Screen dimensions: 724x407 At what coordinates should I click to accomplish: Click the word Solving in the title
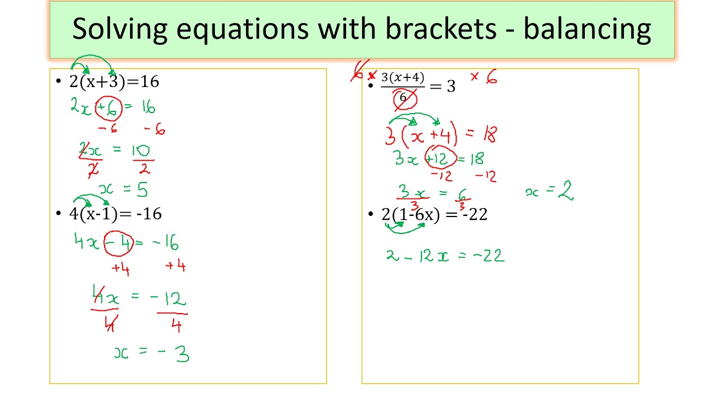coord(119,29)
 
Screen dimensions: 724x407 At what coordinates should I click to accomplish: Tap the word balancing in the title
coord(587,29)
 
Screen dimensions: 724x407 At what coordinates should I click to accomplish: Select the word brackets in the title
coord(441,28)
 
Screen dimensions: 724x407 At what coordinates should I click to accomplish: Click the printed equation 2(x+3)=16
coord(114,81)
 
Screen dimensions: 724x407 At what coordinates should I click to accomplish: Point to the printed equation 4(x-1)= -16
coord(115,214)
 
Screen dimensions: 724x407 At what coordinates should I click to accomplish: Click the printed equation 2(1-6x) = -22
coord(434,214)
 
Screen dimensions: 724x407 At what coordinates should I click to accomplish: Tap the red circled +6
coord(109,108)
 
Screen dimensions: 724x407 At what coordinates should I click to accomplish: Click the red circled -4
coord(119,243)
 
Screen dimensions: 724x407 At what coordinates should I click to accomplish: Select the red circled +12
coord(441,158)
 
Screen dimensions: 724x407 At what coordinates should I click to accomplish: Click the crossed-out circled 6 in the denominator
coord(404,98)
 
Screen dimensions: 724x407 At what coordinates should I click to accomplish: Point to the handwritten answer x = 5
coord(123,189)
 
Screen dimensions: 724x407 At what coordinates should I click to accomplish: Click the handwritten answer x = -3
coord(152,353)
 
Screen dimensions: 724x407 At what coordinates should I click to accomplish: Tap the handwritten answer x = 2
coord(549,191)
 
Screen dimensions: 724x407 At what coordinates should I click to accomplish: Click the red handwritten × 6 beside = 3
coord(484,77)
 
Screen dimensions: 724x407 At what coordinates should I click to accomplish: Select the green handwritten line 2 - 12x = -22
coord(445,256)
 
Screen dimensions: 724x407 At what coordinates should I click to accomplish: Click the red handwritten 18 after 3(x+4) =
coord(490,135)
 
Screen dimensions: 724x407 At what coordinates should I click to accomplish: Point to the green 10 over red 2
coord(143,159)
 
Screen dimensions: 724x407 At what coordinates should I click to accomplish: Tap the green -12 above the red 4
coord(168,299)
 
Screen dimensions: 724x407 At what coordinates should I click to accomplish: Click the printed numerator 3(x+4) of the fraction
coord(403,78)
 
